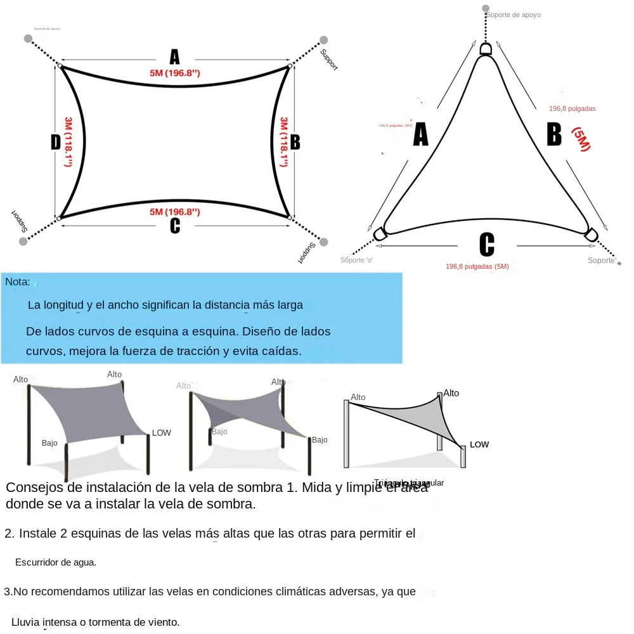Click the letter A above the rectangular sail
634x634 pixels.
point(174,56)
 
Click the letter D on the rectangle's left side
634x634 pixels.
point(56,143)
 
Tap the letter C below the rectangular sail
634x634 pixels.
point(175,226)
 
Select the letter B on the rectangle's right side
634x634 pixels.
point(295,143)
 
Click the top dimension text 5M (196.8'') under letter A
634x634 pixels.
point(175,74)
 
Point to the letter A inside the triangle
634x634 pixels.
point(420,134)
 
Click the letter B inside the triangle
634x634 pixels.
point(553,134)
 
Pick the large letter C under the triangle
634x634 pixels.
point(486,244)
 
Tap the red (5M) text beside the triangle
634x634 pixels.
point(581,139)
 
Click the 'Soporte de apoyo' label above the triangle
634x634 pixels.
point(514,15)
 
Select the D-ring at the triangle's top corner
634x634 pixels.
point(486,49)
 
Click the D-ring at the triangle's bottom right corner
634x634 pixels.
point(591,234)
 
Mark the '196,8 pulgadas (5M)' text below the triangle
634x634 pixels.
point(477,266)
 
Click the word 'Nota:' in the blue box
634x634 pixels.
point(17,282)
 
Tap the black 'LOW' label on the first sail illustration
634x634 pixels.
point(162,433)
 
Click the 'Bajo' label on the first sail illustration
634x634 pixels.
point(49,443)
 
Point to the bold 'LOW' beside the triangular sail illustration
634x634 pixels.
point(479,444)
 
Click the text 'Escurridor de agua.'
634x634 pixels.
point(56,562)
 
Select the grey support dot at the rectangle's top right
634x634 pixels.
point(324,40)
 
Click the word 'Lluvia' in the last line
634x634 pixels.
point(25,622)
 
